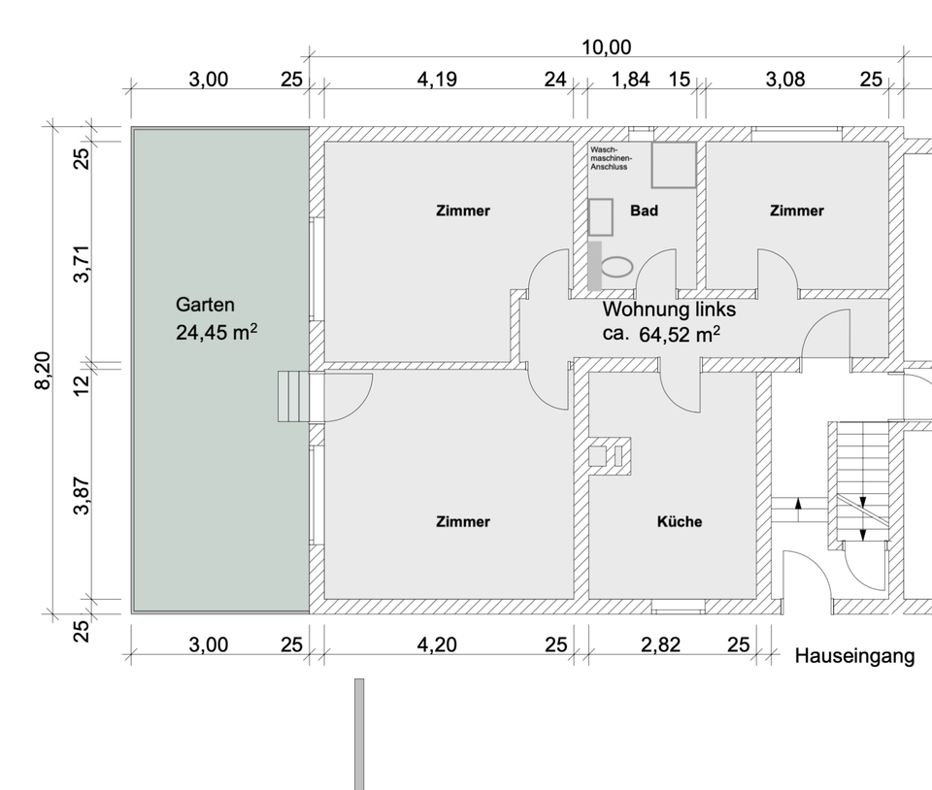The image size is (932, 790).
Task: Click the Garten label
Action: (205, 305)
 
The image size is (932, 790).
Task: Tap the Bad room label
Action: (644, 211)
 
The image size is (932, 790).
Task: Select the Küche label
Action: (680, 521)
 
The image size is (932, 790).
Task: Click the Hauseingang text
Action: (854, 656)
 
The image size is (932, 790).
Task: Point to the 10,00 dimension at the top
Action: (606, 48)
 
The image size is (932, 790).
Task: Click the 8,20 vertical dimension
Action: (44, 371)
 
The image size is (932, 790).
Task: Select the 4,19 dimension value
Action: (437, 79)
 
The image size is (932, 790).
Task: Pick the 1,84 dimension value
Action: (631, 79)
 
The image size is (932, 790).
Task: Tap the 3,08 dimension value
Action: (785, 79)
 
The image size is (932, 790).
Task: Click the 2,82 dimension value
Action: (660, 644)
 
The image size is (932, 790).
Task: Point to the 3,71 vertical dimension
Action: (82, 264)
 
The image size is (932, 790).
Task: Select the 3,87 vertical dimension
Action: (82, 495)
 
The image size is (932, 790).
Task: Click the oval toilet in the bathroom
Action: (617, 267)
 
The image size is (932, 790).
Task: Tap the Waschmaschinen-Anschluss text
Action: (611, 158)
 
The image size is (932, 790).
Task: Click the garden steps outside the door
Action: (293, 396)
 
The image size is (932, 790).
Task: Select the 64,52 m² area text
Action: (680, 335)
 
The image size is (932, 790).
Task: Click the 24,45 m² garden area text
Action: (216, 333)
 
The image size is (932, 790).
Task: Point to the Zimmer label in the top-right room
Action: (796, 211)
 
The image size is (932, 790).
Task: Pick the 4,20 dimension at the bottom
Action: (437, 644)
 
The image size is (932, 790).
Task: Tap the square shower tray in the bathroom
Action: (674, 165)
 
